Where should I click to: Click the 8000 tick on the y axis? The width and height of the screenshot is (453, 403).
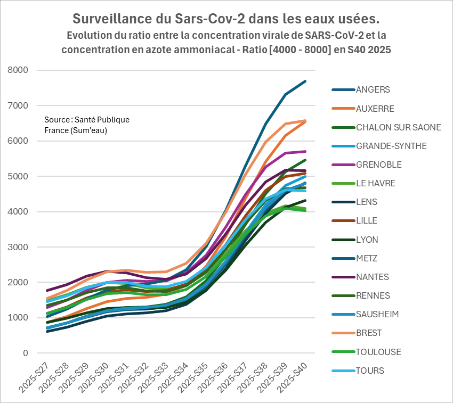pos(18,70)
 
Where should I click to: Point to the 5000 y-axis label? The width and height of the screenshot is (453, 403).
pos(18,176)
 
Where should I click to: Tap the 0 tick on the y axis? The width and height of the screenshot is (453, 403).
pos(25,353)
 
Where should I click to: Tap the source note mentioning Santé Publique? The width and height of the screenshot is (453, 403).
pos(87,125)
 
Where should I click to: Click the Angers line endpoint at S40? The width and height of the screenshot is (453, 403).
pos(305,81)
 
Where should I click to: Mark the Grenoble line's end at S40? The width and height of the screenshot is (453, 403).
pos(305,151)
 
